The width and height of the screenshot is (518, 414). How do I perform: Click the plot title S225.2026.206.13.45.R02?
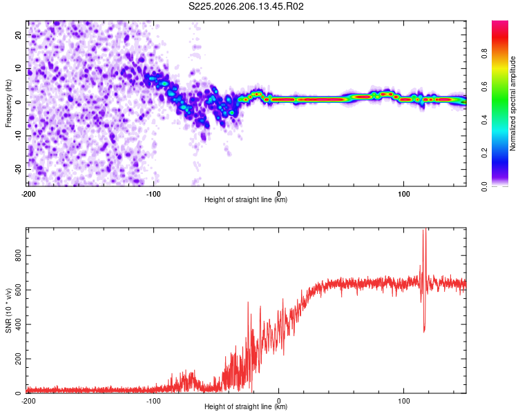click(x=246, y=6)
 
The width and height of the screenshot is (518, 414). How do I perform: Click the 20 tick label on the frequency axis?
click(x=18, y=35)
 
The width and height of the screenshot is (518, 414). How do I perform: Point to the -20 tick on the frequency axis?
click(x=18, y=169)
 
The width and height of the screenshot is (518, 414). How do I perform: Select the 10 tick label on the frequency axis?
click(x=18, y=68)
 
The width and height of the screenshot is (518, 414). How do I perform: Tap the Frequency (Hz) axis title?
click(x=8, y=103)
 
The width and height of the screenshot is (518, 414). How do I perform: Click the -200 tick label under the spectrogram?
click(x=28, y=194)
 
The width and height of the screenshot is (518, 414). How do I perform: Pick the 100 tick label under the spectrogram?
click(x=404, y=194)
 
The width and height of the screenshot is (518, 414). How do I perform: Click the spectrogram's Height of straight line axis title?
click(x=246, y=199)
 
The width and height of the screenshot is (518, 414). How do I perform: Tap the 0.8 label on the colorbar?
click(x=484, y=53)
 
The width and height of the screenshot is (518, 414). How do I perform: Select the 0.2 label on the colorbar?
click(x=484, y=153)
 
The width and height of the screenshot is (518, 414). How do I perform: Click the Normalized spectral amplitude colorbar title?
click(x=512, y=103)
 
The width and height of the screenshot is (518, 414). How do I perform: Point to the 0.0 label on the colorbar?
click(x=484, y=186)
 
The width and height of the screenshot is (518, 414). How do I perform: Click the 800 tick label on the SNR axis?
click(x=18, y=255)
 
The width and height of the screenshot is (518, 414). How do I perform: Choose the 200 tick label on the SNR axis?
click(x=18, y=359)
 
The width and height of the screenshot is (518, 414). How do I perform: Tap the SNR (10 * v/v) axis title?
click(x=8, y=310)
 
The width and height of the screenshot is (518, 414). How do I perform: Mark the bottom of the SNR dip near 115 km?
click(x=424, y=332)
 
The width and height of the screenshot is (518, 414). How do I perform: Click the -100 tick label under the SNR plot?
click(x=153, y=401)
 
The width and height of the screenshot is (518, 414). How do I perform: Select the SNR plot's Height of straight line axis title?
click(x=246, y=406)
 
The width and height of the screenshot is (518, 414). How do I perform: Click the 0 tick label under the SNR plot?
click(x=279, y=401)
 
